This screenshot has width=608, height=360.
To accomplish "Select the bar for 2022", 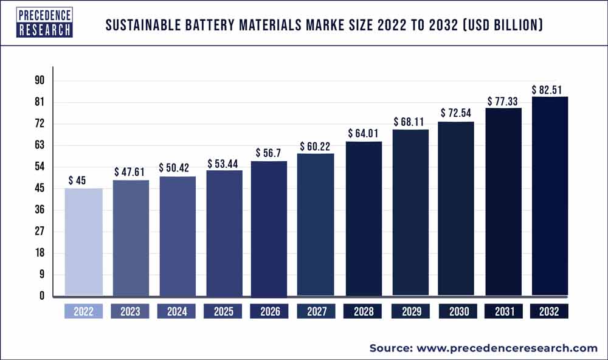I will pos(83,241).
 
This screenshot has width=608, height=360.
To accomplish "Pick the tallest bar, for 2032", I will pos(550,196).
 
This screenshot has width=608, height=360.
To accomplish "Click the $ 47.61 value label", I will pos(130,172).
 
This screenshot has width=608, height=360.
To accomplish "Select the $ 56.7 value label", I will pos(270,153).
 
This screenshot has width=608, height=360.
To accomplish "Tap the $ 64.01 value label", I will pos(364,133).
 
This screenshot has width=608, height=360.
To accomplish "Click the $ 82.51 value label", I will pos(550,89).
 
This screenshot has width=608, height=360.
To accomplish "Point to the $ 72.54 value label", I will pos(457,113).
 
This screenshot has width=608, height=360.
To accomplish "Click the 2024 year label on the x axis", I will pos(177,312).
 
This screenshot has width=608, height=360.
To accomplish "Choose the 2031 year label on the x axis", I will pos(503,312).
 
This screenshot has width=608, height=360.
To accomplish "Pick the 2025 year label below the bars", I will pos(224,312).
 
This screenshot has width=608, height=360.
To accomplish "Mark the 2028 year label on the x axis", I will pos(364,312).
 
